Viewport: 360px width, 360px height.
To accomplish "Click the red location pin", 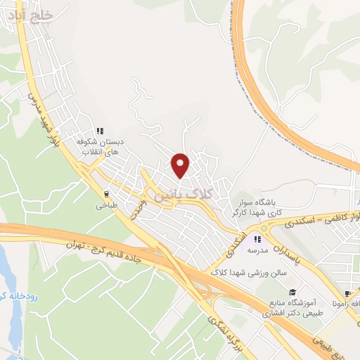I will coord(181,165).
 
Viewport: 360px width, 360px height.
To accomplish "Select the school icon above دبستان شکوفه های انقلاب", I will coord(100,130).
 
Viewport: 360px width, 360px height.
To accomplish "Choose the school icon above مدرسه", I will coord(257,239).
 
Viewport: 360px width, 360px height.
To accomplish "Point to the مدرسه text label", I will coord(257,251).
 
